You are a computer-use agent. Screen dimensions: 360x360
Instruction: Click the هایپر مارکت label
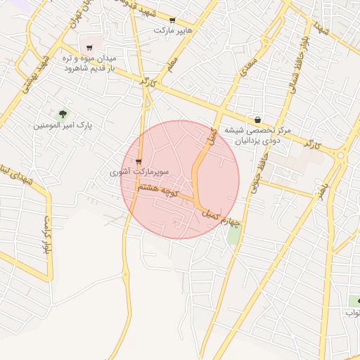[x=174, y=31]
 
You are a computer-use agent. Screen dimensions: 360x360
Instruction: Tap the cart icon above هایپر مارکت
[x=173, y=20]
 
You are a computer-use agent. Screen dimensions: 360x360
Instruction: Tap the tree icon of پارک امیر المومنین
[x=63, y=113]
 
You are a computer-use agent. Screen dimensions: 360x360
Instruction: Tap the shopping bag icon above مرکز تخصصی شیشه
[x=258, y=120]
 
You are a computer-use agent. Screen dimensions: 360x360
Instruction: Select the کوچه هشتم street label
[x=159, y=188]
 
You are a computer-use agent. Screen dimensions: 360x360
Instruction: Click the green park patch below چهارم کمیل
[x=233, y=236]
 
